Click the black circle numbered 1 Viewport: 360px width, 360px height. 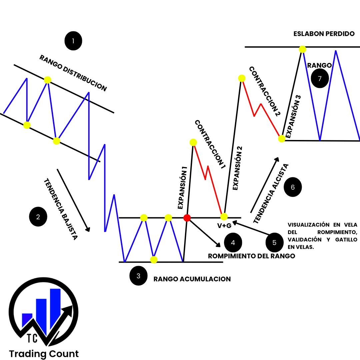pyautogui.click(x=73, y=41)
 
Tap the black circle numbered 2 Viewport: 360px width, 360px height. pyautogui.click(x=38, y=217)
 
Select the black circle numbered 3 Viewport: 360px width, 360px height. pyautogui.click(x=138, y=276)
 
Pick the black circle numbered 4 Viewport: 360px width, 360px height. pyautogui.click(x=233, y=242)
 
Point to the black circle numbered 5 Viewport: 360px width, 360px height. pyautogui.click(x=274, y=242)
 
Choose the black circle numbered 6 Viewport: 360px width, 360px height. pyautogui.click(x=293, y=187)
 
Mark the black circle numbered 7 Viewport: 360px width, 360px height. pyautogui.click(x=320, y=79)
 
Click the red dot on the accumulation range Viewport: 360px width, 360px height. pyautogui.click(x=187, y=218)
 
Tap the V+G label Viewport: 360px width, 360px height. pyautogui.click(x=224, y=226)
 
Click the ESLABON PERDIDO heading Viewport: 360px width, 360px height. pyautogui.click(x=324, y=34)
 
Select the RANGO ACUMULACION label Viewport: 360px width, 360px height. pyautogui.click(x=192, y=279)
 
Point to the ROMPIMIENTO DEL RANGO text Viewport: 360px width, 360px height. pyautogui.click(x=251, y=256)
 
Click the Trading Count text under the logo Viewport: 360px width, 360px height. pyautogui.click(x=44, y=354)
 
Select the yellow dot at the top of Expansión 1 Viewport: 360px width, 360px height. pyautogui.click(x=193, y=142)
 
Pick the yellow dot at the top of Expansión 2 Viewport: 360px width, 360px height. pyautogui.click(x=242, y=78)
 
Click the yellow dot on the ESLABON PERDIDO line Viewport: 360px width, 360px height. pyautogui.click(x=302, y=49)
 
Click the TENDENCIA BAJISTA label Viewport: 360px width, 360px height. pyautogui.click(x=61, y=209)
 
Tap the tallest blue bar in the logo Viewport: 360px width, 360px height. pyautogui.click(x=55, y=308)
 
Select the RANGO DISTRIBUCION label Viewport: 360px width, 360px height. pyautogui.click(x=73, y=73)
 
